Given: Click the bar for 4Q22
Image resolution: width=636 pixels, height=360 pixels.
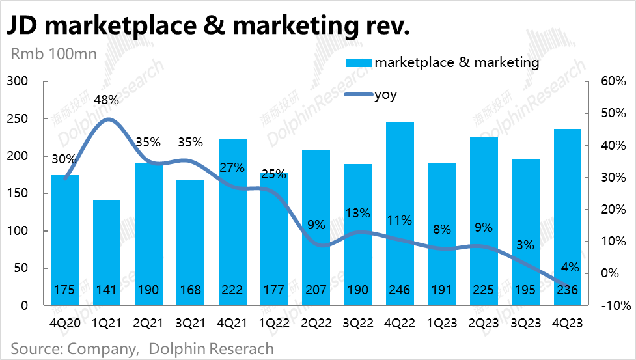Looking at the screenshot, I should [x=400, y=208].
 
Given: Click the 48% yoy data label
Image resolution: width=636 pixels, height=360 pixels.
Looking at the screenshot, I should [x=106, y=100].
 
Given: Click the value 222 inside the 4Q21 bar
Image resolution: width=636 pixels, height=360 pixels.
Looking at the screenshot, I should [x=232, y=290].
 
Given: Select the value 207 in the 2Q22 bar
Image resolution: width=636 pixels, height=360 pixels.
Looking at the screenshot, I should [x=316, y=290].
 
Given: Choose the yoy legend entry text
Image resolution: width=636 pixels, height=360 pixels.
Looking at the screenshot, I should [x=385, y=95].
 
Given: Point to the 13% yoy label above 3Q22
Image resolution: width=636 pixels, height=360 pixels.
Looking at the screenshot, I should [x=357, y=213].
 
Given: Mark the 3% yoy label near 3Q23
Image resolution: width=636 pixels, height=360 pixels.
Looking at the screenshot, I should [x=525, y=245].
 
